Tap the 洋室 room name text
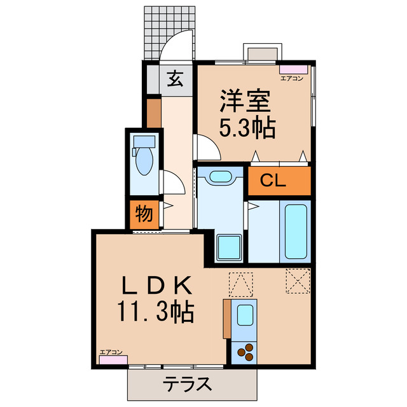[245, 101]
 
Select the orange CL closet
[279, 181]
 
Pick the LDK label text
[153, 283]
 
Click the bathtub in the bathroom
[294, 230]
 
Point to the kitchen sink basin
[243, 314]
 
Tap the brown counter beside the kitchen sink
[227, 319]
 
